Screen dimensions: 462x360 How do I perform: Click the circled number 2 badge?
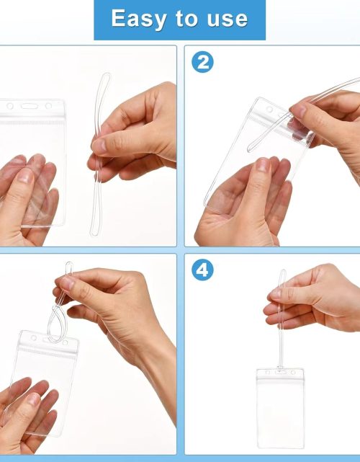pyautogui.click(x=203, y=62)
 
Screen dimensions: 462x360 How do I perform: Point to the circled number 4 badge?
pyautogui.click(x=203, y=270)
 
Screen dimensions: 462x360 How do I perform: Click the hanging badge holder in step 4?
pyautogui.click(x=280, y=407)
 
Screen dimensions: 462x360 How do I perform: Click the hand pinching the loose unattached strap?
pyautogui.click(x=137, y=133)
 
